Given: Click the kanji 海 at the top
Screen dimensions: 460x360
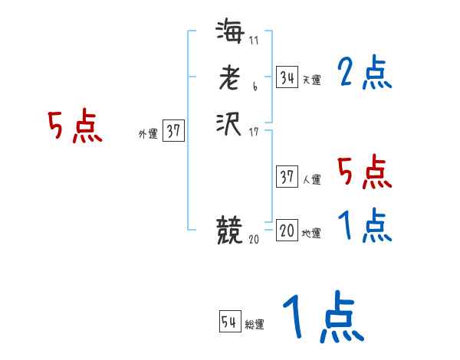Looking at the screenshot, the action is (x=229, y=34).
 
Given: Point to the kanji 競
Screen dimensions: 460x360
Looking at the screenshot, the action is (x=229, y=230).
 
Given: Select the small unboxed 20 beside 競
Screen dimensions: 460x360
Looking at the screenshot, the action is (x=254, y=240).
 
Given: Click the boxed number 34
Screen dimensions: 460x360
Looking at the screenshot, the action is (x=287, y=77).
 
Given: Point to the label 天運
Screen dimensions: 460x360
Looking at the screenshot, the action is (x=312, y=80).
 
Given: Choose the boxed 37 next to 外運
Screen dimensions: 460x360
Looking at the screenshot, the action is (x=173, y=131).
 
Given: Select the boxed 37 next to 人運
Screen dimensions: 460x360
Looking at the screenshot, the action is (x=287, y=177).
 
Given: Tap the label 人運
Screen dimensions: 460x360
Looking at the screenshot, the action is (x=312, y=181).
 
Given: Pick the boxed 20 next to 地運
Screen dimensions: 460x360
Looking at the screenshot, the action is (x=287, y=231).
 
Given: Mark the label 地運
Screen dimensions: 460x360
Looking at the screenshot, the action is (x=312, y=234).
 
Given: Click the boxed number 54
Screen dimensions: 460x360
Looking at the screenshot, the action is (x=229, y=322).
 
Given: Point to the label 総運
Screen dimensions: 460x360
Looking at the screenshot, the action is (x=255, y=326).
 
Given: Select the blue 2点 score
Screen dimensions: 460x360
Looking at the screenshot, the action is (x=365, y=74).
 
